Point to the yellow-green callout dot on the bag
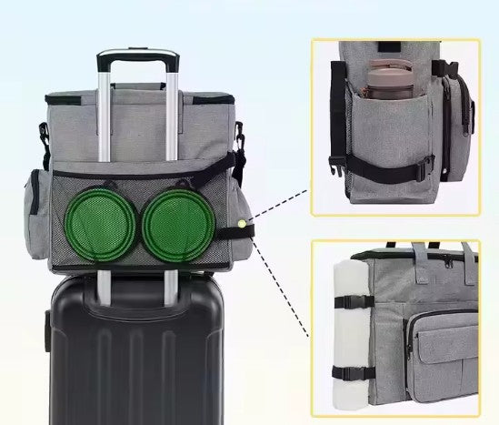241,221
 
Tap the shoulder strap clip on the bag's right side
240,141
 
